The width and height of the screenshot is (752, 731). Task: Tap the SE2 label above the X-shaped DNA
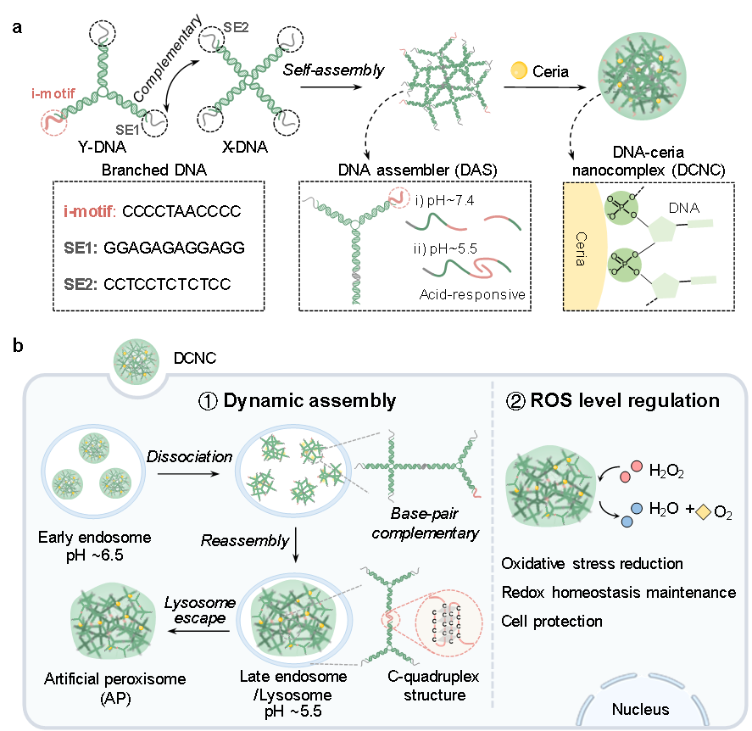[236, 27]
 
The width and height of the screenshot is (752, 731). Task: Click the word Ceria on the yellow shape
[580, 246]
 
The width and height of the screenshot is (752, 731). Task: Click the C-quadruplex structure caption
[426, 686]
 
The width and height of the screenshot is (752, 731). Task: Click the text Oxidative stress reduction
[592, 563]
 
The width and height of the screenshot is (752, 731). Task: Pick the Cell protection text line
[552, 621]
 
